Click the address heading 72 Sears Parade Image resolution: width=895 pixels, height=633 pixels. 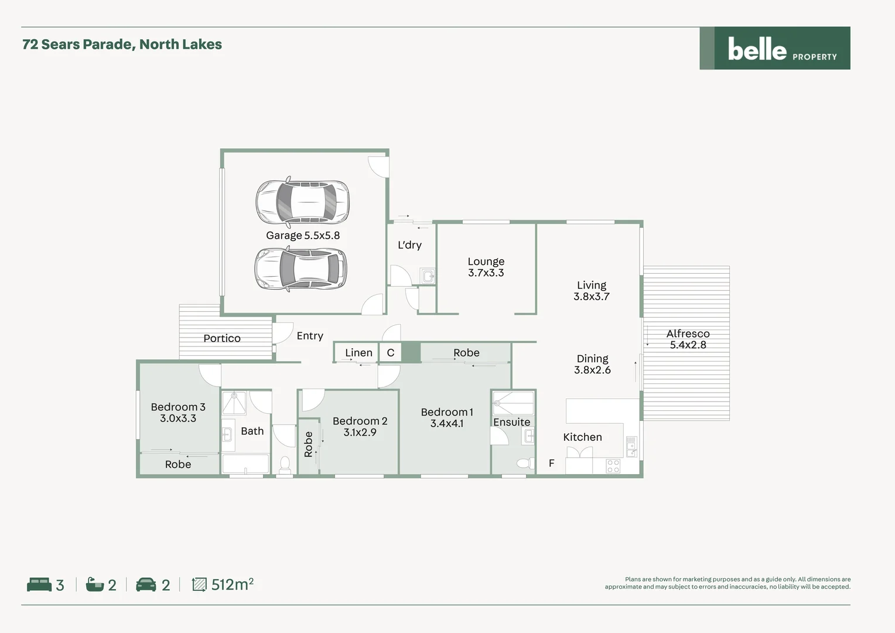122,45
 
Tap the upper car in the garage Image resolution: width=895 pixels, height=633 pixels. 303,202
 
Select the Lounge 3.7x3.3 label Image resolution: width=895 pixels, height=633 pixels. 486,267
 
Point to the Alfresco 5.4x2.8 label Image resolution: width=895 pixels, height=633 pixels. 688,339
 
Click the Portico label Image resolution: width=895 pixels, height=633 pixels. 221,338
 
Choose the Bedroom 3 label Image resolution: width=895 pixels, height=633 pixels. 178,412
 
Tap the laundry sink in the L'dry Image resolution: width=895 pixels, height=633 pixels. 428,276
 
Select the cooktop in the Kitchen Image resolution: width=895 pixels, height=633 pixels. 613,466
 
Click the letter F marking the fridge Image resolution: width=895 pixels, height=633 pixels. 551,463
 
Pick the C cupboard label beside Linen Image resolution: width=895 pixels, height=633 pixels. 391,353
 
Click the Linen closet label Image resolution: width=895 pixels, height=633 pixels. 358,353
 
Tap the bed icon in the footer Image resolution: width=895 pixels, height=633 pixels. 39,584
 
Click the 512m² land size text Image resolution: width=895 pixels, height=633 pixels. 232,584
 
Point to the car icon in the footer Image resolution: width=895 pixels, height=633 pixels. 146,584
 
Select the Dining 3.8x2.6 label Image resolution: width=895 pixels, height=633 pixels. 592,364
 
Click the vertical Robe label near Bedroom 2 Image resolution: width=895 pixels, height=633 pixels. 309,444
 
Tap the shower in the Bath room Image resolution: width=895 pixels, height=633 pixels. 234,404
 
